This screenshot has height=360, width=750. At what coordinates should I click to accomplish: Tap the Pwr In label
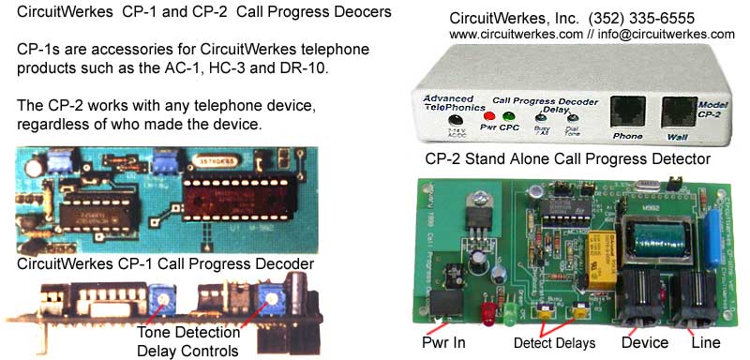441,344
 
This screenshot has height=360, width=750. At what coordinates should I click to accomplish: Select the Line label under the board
704,343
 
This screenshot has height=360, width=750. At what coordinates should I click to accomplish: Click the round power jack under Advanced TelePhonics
457,119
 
